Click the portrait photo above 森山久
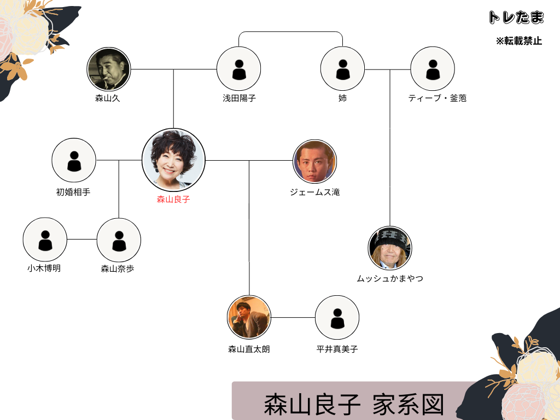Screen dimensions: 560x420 (109, 69)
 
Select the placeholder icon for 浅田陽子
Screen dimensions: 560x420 (238, 69)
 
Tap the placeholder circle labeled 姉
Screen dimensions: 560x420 (342, 69)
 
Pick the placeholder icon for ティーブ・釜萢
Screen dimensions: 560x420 (433, 69)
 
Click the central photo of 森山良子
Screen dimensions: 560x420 (173, 160)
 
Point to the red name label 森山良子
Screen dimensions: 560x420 (173, 199)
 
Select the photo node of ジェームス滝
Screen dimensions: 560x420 (314, 161)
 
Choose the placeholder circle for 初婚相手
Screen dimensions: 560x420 (74, 160)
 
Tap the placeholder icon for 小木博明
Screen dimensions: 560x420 (45, 240)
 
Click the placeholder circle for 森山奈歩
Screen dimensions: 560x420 (119, 240)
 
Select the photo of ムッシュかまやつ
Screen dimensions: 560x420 (390, 248)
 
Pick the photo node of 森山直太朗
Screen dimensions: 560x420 (249, 317)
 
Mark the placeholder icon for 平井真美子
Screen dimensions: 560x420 (337, 318)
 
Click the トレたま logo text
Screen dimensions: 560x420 (516, 17)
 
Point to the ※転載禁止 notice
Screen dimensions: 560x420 (519, 41)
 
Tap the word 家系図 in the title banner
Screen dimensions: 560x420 (409, 405)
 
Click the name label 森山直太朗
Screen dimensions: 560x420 (249, 349)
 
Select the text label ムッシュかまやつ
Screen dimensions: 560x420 (390, 278)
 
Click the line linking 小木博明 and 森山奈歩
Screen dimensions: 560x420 (82, 240)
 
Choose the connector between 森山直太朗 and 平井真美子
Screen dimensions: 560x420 (293, 317)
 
